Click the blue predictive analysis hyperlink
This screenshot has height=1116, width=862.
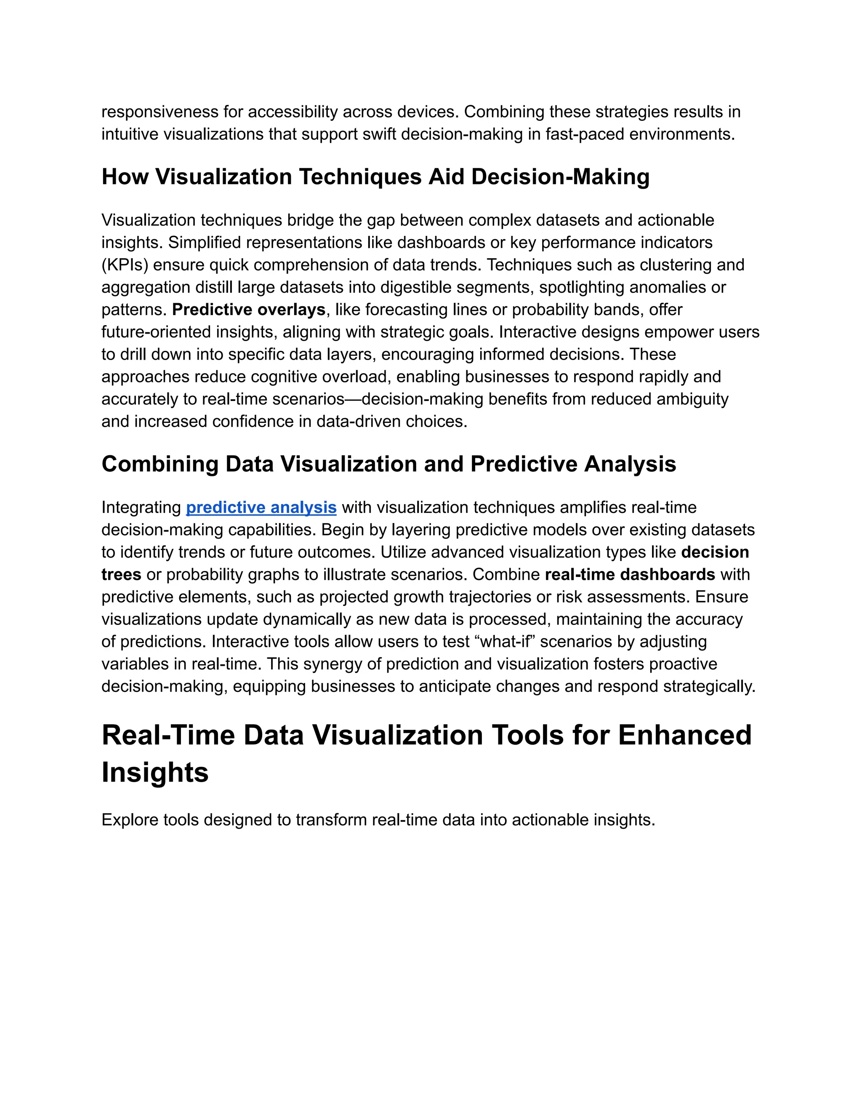click(261, 507)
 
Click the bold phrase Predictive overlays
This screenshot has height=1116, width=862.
click(249, 310)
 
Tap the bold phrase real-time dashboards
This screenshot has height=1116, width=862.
click(630, 574)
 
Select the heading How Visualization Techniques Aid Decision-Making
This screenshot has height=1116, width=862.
click(375, 177)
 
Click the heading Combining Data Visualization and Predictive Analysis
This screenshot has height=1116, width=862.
click(388, 464)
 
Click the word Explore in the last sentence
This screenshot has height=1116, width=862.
click(130, 820)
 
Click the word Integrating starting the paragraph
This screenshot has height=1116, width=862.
click(141, 507)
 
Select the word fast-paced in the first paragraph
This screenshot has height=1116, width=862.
click(585, 134)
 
